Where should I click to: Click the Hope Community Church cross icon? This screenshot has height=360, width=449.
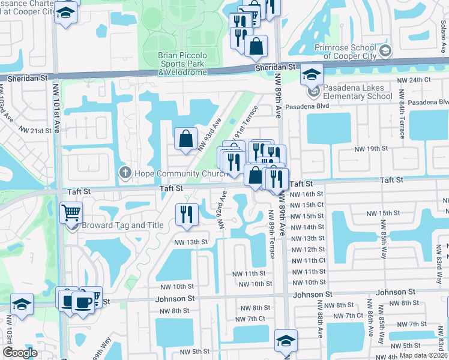pyautogui.click(x=125, y=173)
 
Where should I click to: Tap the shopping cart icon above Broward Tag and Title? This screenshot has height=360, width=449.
pyautogui.click(x=71, y=212)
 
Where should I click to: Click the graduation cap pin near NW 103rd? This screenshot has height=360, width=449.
pyautogui.click(x=22, y=304)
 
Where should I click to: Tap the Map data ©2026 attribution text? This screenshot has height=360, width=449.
pyautogui.click(x=423, y=355)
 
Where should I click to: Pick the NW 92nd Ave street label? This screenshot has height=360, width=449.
pyautogui.click(x=221, y=210)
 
